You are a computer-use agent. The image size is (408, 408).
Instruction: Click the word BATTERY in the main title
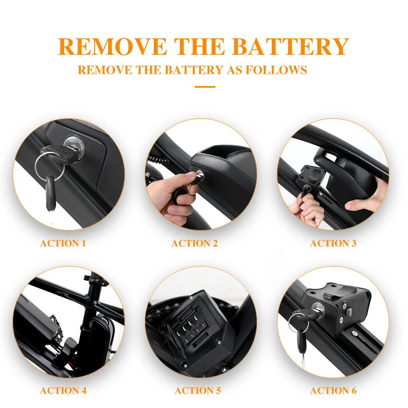click(x=290, y=47)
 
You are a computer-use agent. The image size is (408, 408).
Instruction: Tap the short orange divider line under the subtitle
click(x=205, y=86)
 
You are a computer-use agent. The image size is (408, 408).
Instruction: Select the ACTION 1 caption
click(x=63, y=243)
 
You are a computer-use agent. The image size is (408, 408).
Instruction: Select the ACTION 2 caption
click(x=195, y=243)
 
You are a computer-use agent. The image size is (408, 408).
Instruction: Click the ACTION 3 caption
click(x=333, y=243)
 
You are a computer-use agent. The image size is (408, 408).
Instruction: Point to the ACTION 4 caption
click(x=63, y=390)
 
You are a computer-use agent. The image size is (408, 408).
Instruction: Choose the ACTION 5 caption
click(x=198, y=390)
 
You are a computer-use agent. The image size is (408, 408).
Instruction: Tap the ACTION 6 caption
click(x=333, y=390)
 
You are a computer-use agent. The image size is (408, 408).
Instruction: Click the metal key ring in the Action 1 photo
click(x=49, y=166)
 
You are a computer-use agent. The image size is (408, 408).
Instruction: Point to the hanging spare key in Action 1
click(x=51, y=193)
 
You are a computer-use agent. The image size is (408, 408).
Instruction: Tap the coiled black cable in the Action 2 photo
click(x=159, y=160)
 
